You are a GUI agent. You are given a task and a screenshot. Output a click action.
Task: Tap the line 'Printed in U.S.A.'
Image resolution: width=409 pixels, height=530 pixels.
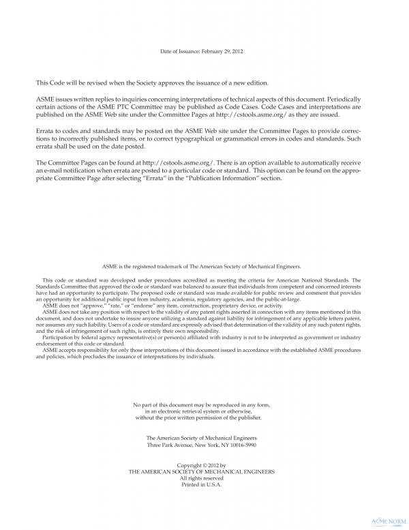(x=204, y=485)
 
